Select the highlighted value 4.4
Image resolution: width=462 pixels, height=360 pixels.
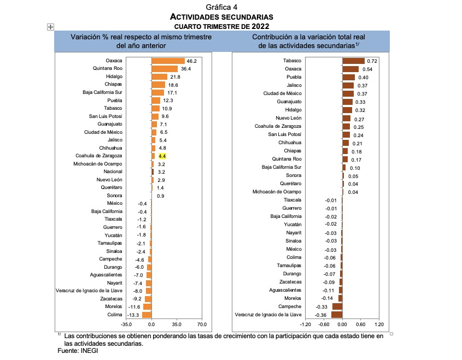coord(162,156)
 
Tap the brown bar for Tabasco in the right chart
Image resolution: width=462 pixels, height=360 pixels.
coord(353,61)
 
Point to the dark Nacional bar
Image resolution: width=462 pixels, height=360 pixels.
coord(153,172)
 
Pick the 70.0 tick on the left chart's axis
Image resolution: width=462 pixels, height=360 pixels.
coord(202,323)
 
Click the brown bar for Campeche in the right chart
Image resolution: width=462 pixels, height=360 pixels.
coord(337,306)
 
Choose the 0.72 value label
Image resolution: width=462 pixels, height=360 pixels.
coord(373,61)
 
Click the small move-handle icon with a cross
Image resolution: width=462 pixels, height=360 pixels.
coord(50,27)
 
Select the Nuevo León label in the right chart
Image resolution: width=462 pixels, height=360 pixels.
coord(288,118)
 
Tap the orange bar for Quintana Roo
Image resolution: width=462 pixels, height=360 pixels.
coord(165,69)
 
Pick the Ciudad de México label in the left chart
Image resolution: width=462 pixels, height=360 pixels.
coord(103,132)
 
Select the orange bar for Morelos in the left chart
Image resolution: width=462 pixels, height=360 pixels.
coord(147,306)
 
